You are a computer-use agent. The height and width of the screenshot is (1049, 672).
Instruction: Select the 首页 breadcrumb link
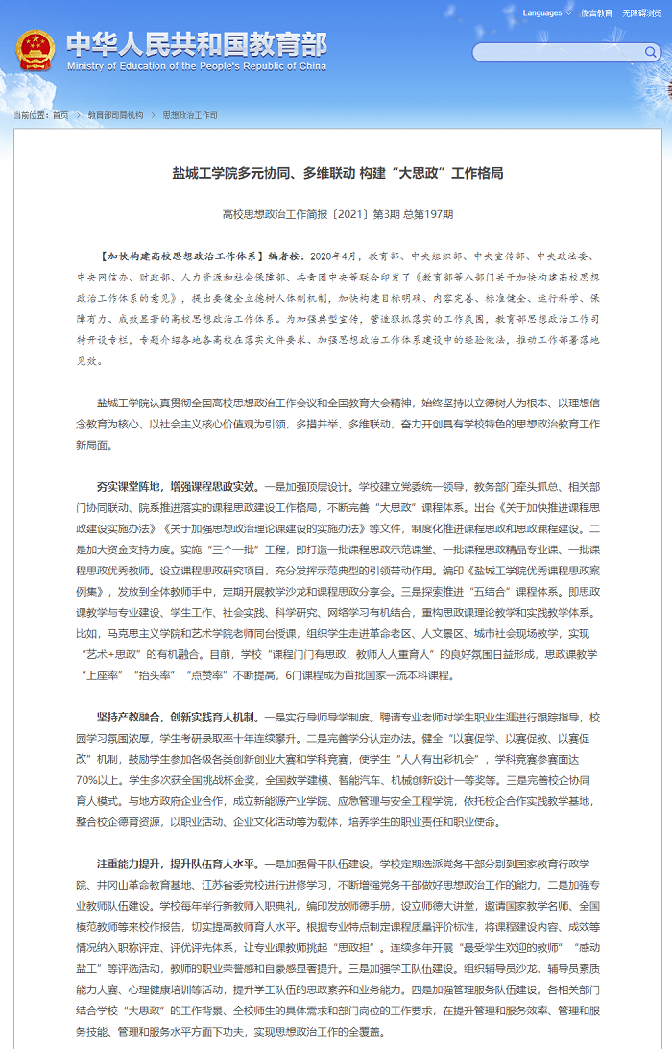(60, 115)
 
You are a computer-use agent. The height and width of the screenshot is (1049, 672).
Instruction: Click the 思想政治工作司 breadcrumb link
(190, 115)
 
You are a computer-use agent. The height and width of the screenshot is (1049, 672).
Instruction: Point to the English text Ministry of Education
(197, 67)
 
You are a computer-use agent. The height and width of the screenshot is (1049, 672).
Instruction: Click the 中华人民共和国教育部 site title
(197, 44)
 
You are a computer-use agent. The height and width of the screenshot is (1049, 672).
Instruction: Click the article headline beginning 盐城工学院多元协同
(337, 173)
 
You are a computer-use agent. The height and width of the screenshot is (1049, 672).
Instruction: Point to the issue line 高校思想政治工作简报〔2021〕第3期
(337, 214)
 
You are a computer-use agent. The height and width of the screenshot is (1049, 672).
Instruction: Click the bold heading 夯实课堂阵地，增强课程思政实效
(176, 486)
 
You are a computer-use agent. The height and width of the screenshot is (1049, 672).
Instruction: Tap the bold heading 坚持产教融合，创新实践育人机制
(176, 717)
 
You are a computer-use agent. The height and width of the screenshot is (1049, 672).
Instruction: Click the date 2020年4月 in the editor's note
(334, 257)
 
